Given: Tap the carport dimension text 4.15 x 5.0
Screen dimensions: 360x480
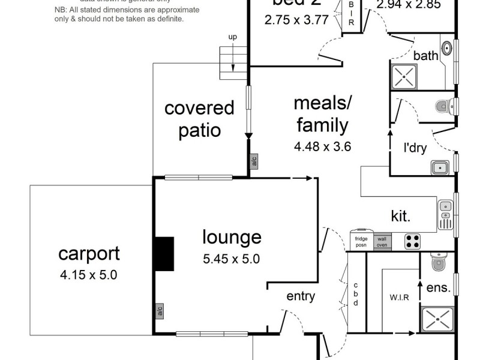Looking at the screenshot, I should tap(89, 276).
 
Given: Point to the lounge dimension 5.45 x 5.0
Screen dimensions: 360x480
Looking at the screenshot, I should tap(232, 260).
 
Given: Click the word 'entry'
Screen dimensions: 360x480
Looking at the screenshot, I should tap(301, 296).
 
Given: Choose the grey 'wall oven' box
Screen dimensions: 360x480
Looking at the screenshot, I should tap(382, 241).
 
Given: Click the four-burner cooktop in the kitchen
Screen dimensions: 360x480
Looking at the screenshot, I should tap(412, 241).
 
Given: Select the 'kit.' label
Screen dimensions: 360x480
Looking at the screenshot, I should tap(401, 217).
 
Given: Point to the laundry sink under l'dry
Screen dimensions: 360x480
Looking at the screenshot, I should tap(439, 167).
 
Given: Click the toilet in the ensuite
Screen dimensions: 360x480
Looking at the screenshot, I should tap(439, 262).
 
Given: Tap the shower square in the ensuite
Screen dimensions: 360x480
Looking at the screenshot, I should tap(437, 319).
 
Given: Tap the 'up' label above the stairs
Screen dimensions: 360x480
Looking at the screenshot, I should tap(232, 37).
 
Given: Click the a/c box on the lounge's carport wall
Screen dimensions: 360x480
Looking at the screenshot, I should tap(160, 311).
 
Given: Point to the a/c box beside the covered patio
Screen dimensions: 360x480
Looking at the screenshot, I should tap(254, 161).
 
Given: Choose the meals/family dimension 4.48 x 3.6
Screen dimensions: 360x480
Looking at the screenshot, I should tap(322, 146).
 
